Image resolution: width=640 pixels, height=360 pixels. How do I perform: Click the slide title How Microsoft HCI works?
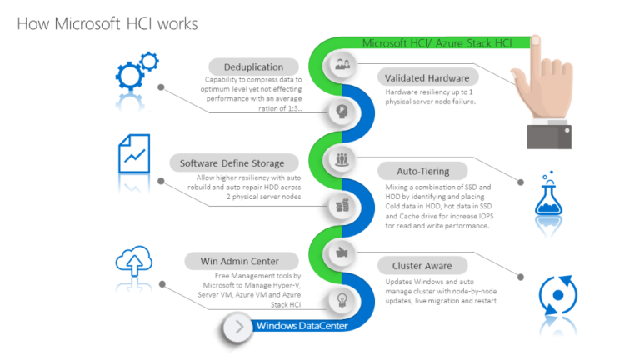[x=107, y=23]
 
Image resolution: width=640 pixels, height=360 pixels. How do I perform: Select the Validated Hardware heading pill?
[x=425, y=77]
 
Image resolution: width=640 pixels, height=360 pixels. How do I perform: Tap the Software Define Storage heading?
[x=232, y=162]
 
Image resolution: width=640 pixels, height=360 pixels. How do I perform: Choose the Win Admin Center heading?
[x=238, y=261]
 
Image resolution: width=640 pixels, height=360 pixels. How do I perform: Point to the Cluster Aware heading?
[x=422, y=267]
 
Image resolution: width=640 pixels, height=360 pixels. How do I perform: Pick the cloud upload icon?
[x=133, y=259]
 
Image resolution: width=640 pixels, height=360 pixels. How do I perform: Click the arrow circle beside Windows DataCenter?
[x=239, y=327]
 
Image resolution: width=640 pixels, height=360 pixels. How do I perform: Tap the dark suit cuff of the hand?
[x=554, y=133]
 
